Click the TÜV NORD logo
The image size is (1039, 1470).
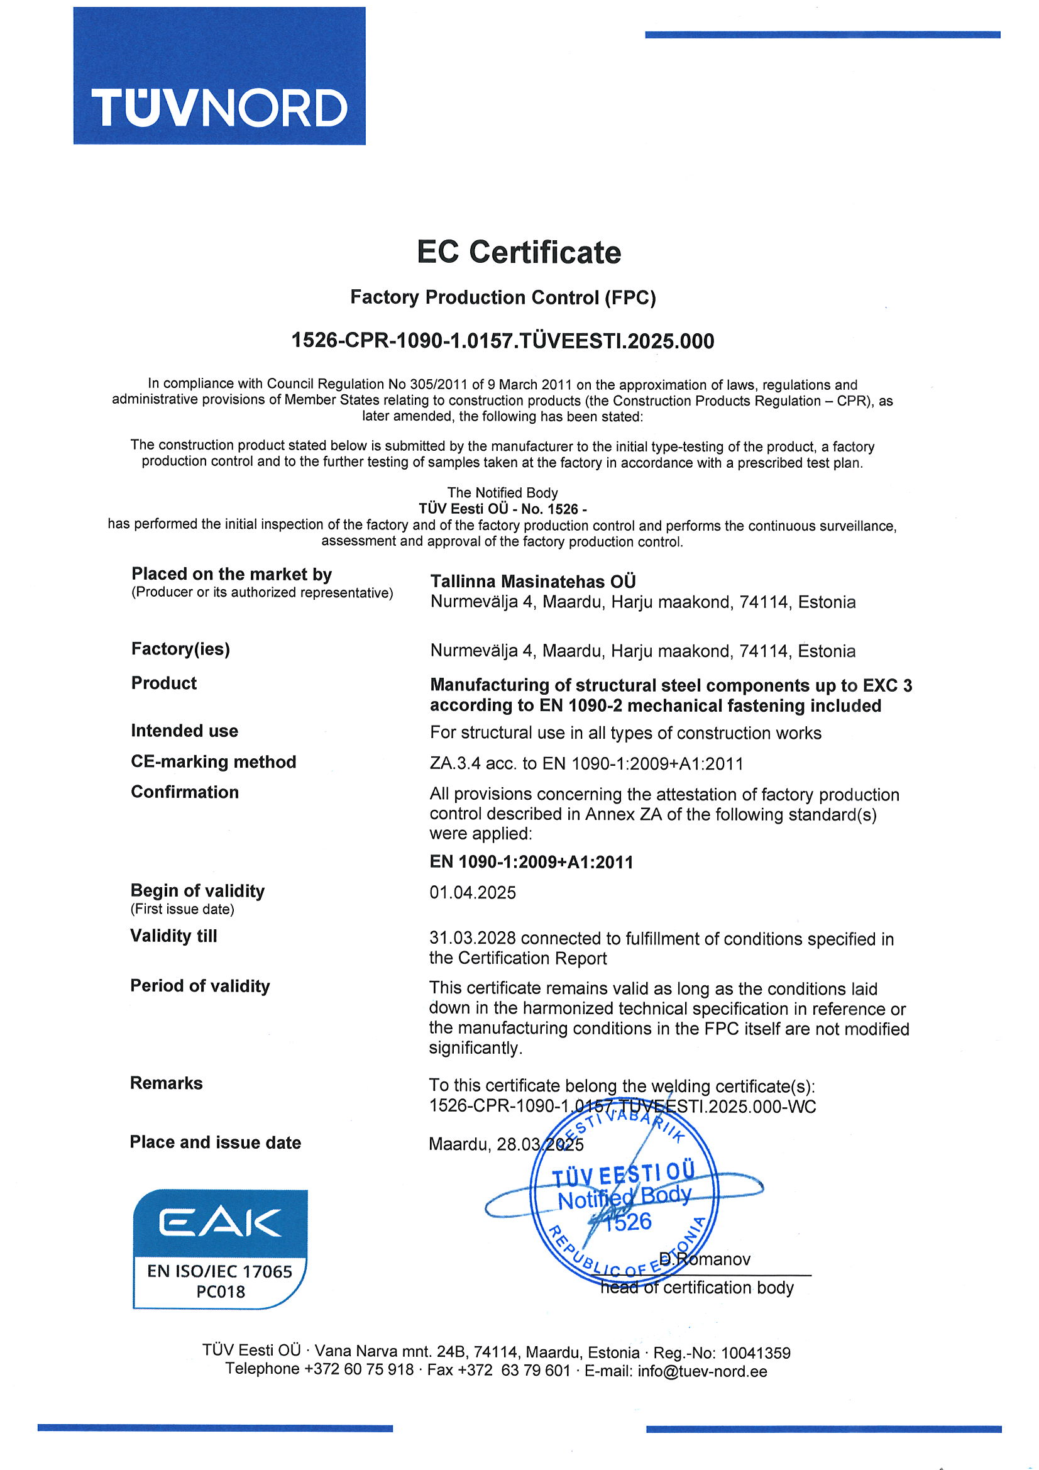(219, 75)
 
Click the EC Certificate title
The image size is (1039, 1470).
(519, 251)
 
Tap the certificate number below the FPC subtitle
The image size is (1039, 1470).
(503, 341)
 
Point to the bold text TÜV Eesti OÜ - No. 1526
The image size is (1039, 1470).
(503, 509)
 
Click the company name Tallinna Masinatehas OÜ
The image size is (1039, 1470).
(532, 582)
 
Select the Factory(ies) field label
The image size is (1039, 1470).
(180, 649)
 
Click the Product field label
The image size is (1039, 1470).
(164, 683)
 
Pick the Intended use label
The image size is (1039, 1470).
(184, 731)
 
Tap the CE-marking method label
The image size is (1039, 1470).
(213, 762)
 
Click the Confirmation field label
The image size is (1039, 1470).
(184, 793)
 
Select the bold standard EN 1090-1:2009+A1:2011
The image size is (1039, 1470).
(531, 863)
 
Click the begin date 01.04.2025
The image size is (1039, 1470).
(473, 893)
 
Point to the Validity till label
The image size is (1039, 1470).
(173, 936)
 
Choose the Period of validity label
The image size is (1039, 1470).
(200, 986)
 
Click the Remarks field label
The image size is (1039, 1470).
(167, 1083)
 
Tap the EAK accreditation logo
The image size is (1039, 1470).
(219, 1249)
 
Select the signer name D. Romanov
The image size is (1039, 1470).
(704, 1259)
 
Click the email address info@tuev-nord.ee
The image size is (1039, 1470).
(702, 1371)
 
